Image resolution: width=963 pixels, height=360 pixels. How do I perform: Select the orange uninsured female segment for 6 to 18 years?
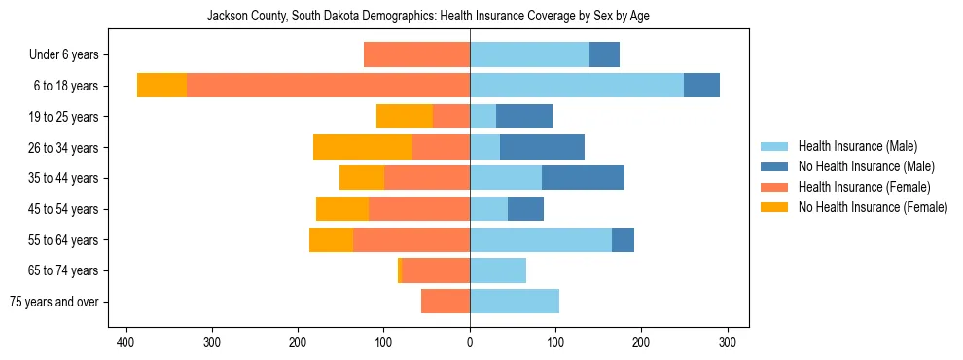pyautogui.click(x=161, y=86)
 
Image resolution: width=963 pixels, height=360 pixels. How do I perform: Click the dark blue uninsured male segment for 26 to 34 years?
pyautogui.click(x=542, y=147)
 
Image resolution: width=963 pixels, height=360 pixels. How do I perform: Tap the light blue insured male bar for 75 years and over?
pyautogui.click(x=515, y=302)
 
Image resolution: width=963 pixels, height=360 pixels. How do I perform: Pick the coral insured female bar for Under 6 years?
pyautogui.click(x=416, y=54)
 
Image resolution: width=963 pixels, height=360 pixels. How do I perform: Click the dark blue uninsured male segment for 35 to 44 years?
pyautogui.click(x=583, y=178)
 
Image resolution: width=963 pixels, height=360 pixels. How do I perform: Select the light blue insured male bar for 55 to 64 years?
pyautogui.click(x=541, y=239)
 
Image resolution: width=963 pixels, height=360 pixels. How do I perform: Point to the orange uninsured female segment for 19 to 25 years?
pyautogui.click(x=405, y=117)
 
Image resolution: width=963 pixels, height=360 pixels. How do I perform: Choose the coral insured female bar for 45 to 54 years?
pyautogui.click(x=419, y=209)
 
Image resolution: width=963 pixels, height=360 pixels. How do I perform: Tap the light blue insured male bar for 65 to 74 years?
pyautogui.click(x=498, y=270)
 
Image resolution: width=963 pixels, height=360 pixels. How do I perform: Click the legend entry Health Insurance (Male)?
pyautogui.click(x=857, y=146)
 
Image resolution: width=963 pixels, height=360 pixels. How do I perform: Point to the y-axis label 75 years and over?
pyautogui.click(x=54, y=302)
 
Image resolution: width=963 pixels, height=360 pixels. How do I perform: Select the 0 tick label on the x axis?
pyautogui.click(x=470, y=342)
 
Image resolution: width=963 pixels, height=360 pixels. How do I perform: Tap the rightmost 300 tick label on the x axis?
pyautogui.click(x=728, y=342)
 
